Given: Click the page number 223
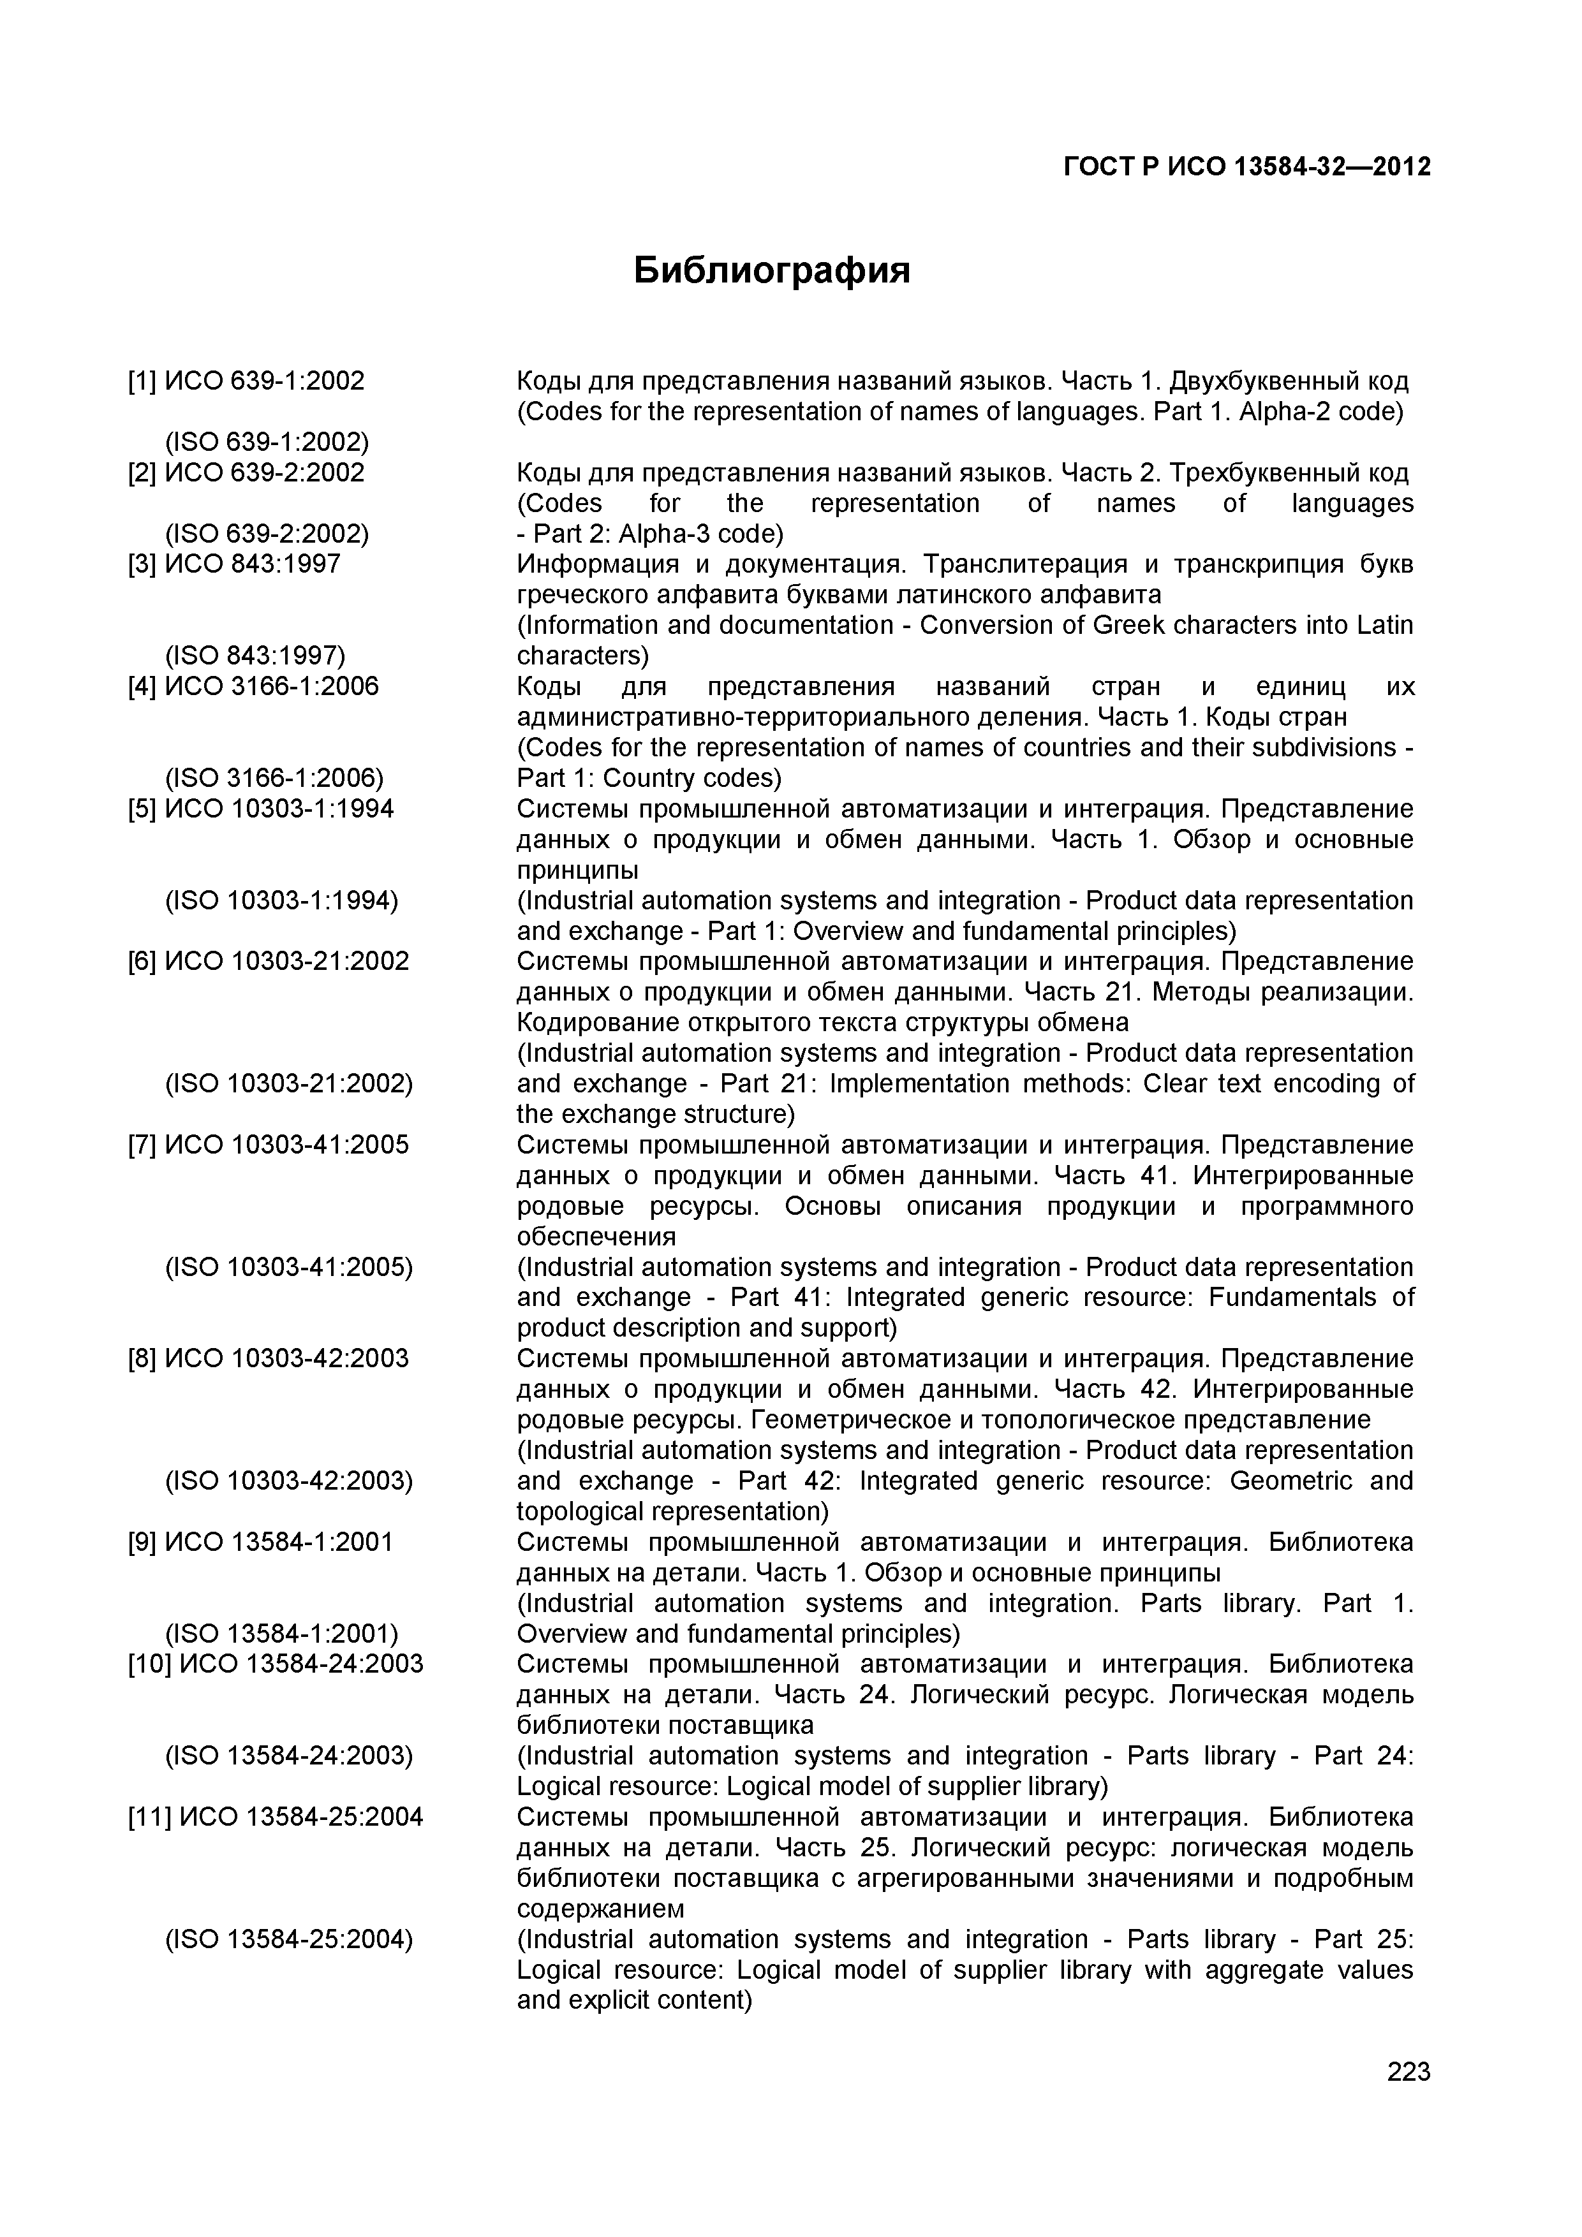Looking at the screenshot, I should pos(1407,2098).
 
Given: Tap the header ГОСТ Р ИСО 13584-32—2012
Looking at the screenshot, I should pos(1246,168).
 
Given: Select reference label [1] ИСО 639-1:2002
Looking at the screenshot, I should pos(246,381).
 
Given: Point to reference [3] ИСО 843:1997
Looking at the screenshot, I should pos(234,564).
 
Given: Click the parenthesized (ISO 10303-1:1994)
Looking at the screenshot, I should pos(282,900).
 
